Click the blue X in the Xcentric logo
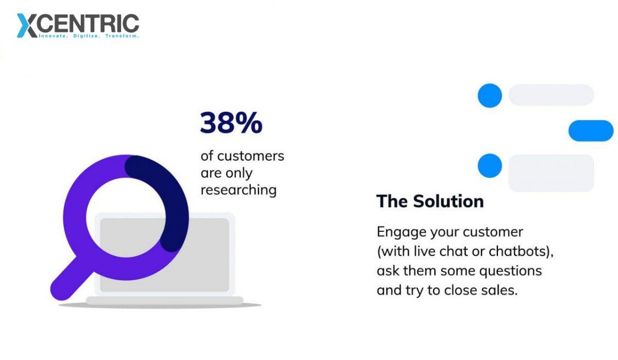pyautogui.click(x=28, y=26)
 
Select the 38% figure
pyautogui.click(x=231, y=123)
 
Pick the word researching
pyautogui.click(x=238, y=190)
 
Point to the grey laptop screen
pyautogui.click(x=165, y=255)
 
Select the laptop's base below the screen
pyautogui.click(x=165, y=301)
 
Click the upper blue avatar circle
pyautogui.click(x=490, y=95)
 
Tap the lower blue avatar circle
pyautogui.click(x=490, y=166)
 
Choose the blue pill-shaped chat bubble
pyautogui.click(x=591, y=130)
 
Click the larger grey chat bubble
pyautogui.click(x=551, y=173)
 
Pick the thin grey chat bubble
pyautogui.click(x=551, y=95)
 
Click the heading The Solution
pyautogui.click(x=430, y=201)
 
